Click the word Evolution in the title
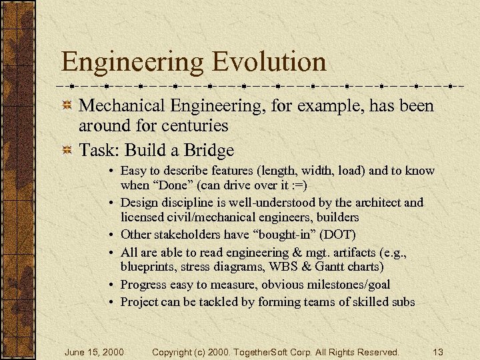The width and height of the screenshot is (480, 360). coord(269,62)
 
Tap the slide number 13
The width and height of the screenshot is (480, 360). coord(437,352)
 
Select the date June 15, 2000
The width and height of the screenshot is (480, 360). coord(94,352)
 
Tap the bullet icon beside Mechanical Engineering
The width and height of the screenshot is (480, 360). coord(67,107)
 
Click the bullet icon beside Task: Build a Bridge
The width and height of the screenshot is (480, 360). coord(67,151)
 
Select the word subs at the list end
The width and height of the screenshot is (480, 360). coord(403,302)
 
